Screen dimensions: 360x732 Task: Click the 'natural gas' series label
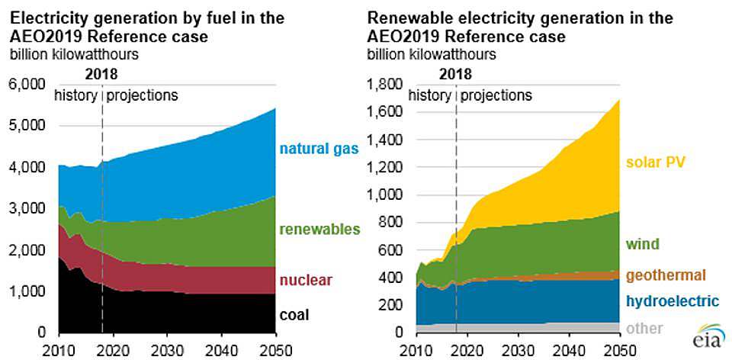pyautogui.click(x=319, y=148)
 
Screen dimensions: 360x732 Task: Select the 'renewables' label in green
pyautogui.click(x=318, y=229)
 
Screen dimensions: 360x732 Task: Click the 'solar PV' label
pyautogui.click(x=656, y=162)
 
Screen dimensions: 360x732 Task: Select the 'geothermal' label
pyautogui.click(x=666, y=275)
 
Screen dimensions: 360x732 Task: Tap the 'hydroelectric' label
pyautogui.click(x=672, y=301)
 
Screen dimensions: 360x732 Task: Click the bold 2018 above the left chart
pyautogui.click(x=101, y=75)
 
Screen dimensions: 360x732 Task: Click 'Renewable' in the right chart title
pyautogui.click(x=403, y=18)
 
